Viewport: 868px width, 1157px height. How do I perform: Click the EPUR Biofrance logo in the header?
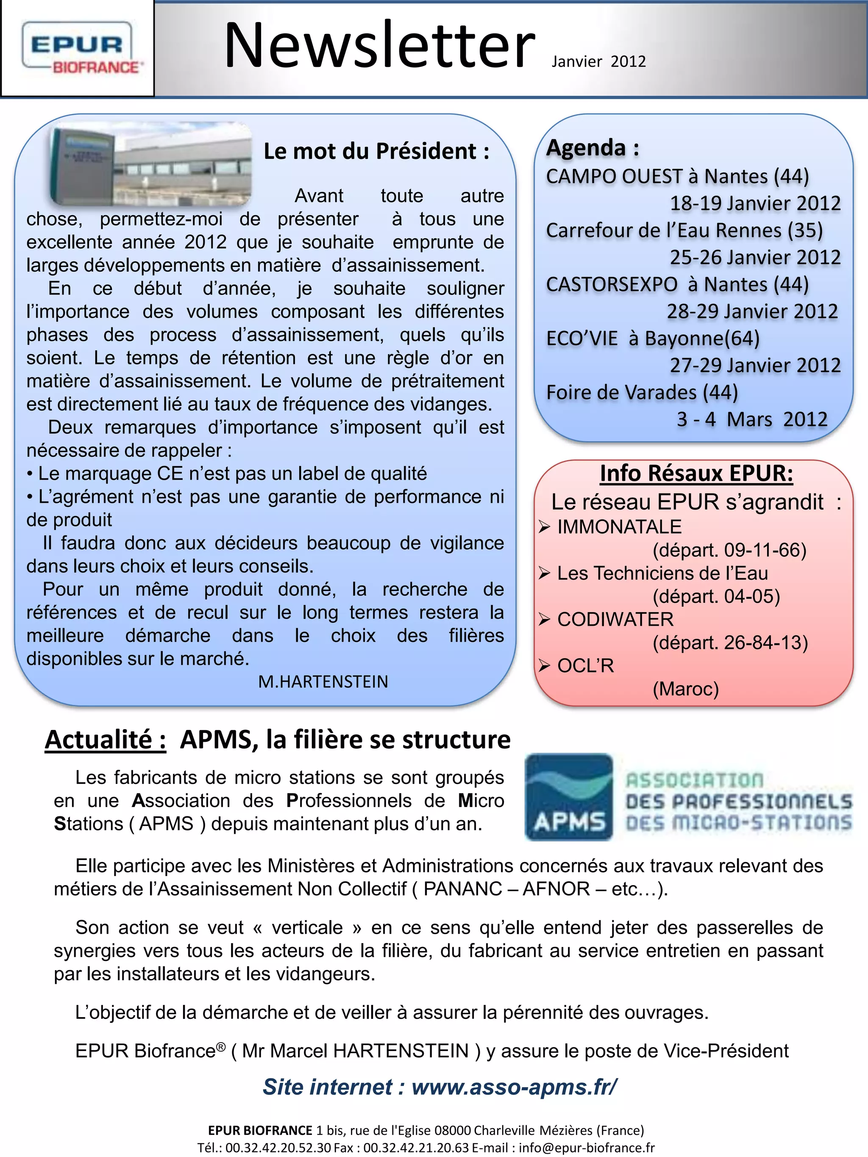click(78, 49)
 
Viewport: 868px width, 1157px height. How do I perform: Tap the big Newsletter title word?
click(380, 46)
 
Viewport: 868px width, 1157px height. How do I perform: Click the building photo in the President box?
click(151, 163)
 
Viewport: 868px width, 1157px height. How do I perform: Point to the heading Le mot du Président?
click(376, 151)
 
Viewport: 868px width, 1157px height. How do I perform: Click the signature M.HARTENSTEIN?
click(323, 682)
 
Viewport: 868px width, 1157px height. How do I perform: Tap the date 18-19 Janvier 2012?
click(755, 203)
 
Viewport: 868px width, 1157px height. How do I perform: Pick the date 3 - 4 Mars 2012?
click(752, 419)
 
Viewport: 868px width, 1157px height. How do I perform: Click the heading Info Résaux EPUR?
click(696, 473)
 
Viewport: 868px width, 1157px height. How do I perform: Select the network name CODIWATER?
click(615, 619)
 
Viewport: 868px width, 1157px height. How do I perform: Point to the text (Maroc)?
click(685, 689)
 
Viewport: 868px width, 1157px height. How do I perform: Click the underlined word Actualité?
click(105, 740)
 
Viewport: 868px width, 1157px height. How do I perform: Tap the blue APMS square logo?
click(569, 796)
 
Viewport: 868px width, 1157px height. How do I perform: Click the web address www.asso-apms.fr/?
click(514, 1086)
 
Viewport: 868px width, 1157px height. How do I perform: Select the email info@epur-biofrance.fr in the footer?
click(587, 1147)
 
